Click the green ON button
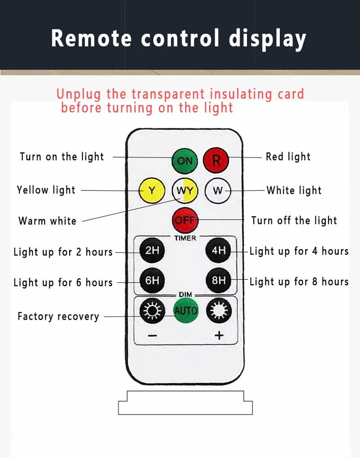pyautogui.click(x=184, y=160)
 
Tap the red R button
pyautogui.click(x=216, y=160)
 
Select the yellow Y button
pyautogui.click(x=152, y=190)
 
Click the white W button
pyautogui.click(x=218, y=190)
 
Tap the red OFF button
pyautogui.click(x=184, y=220)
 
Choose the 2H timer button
pyautogui.click(x=152, y=250)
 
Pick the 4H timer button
pyautogui.click(x=218, y=250)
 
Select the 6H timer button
pyautogui.click(x=152, y=280)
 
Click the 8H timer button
pyautogui.click(x=218, y=280)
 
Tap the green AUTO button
pyautogui.click(x=185, y=310)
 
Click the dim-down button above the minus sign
pyautogui.click(x=152, y=310)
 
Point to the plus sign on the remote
pyautogui.click(x=219, y=336)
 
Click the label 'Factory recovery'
pyautogui.click(x=58, y=316)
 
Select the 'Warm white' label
pyautogui.click(x=47, y=221)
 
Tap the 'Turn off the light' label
pyautogui.click(x=294, y=221)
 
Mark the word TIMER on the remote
pyautogui.click(x=185, y=238)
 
